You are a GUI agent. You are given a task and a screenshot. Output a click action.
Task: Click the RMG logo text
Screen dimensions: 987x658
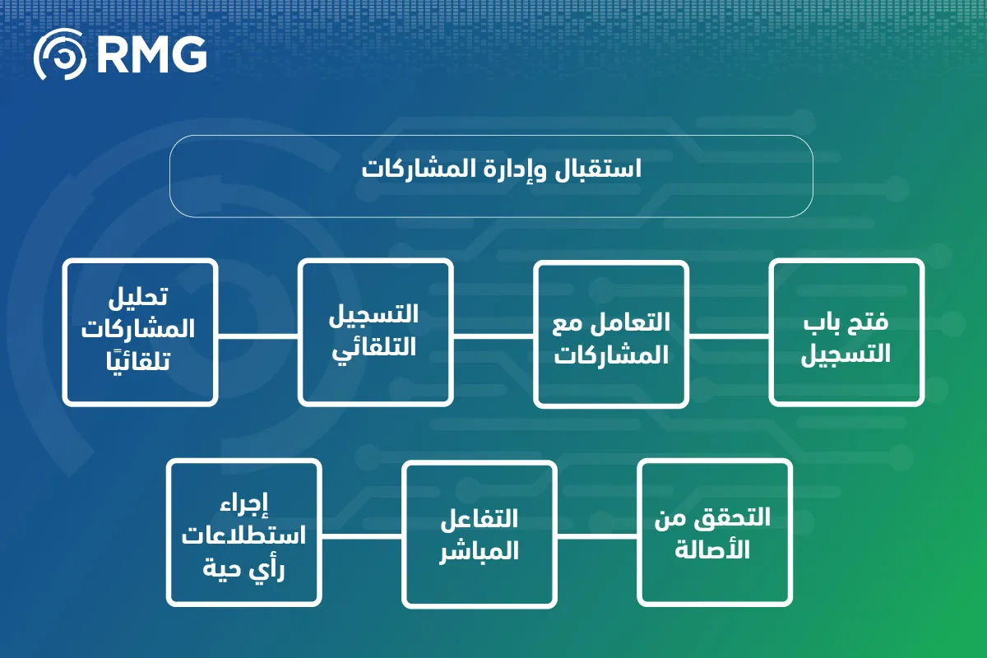click(151, 54)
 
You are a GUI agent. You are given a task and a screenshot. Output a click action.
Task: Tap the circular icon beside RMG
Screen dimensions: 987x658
click(59, 54)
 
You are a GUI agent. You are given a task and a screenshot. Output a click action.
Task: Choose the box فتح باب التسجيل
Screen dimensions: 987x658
click(846, 332)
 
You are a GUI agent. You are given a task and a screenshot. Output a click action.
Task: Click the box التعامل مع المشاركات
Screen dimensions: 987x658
click(611, 334)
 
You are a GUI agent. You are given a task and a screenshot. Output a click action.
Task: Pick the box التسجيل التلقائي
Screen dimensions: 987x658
click(375, 332)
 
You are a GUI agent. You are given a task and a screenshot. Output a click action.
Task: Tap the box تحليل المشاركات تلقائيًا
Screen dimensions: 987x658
click(140, 332)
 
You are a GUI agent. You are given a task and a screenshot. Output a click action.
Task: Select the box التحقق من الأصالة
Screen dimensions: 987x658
click(715, 532)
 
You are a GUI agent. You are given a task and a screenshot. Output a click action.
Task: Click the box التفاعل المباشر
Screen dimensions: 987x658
click(480, 534)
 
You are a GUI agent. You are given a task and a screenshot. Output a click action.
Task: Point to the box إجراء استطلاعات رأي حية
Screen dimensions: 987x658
click(244, 532)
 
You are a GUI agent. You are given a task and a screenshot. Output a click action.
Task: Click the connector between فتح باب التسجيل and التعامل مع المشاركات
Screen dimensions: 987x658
click(730, 336)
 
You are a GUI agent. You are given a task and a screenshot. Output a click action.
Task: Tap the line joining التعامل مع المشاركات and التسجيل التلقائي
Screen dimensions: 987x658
click(493, 336)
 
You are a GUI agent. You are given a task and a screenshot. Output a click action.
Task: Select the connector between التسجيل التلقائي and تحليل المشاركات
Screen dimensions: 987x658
click(258, 336)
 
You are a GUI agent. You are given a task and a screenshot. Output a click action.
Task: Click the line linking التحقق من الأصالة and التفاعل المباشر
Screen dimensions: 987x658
click(597, 536)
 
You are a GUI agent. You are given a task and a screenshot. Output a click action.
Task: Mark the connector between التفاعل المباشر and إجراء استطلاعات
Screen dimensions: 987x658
click(362, 536)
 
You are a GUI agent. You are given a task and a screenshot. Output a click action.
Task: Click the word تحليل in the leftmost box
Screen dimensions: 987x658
click(138, 297)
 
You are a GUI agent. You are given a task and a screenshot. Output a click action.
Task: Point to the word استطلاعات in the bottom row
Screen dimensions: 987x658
click(243, 536)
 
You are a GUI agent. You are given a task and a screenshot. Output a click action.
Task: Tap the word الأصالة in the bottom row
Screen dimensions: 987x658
click(712, 549)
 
